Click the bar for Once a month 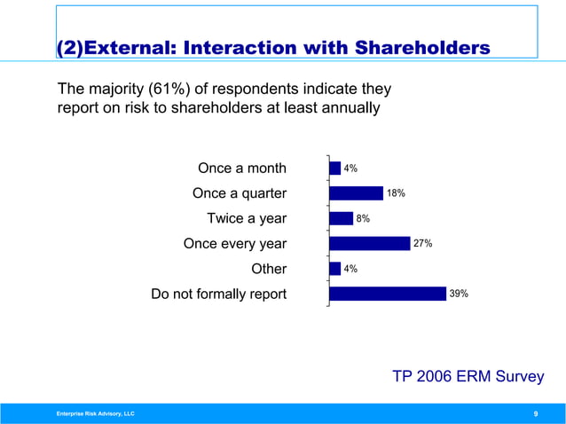click(x=334, y=168)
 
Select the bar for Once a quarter click(x=356, y=193)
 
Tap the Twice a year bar click(x=341, y=218)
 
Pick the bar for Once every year click(x=369, y=243)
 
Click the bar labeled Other click(x=334, y=269)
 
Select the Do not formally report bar click(x=387, y=294)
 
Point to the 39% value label click(x=459, y=294)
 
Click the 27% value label click(x=423, y=243)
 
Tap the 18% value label click(x=396, y=193)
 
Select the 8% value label click(x=362, y=218)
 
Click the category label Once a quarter click(x=240, y=193)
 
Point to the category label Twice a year click(x=247, y=218)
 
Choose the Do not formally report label click(x=219, y=294)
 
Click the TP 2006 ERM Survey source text click(x=468, y=377)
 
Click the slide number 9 click(x=535, y=414)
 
